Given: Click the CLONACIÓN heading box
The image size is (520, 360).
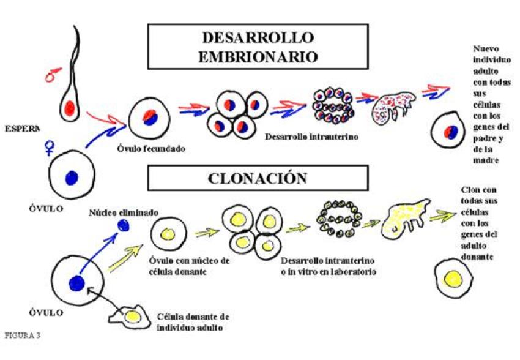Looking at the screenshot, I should click(x=257, y=179).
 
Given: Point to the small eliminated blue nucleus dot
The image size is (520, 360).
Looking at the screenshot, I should click(x=124, y=226).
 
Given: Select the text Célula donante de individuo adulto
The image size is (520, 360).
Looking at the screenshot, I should click(x=193, y=321).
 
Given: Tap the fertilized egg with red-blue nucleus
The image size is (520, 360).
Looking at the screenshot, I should click(x=150, y=119).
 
